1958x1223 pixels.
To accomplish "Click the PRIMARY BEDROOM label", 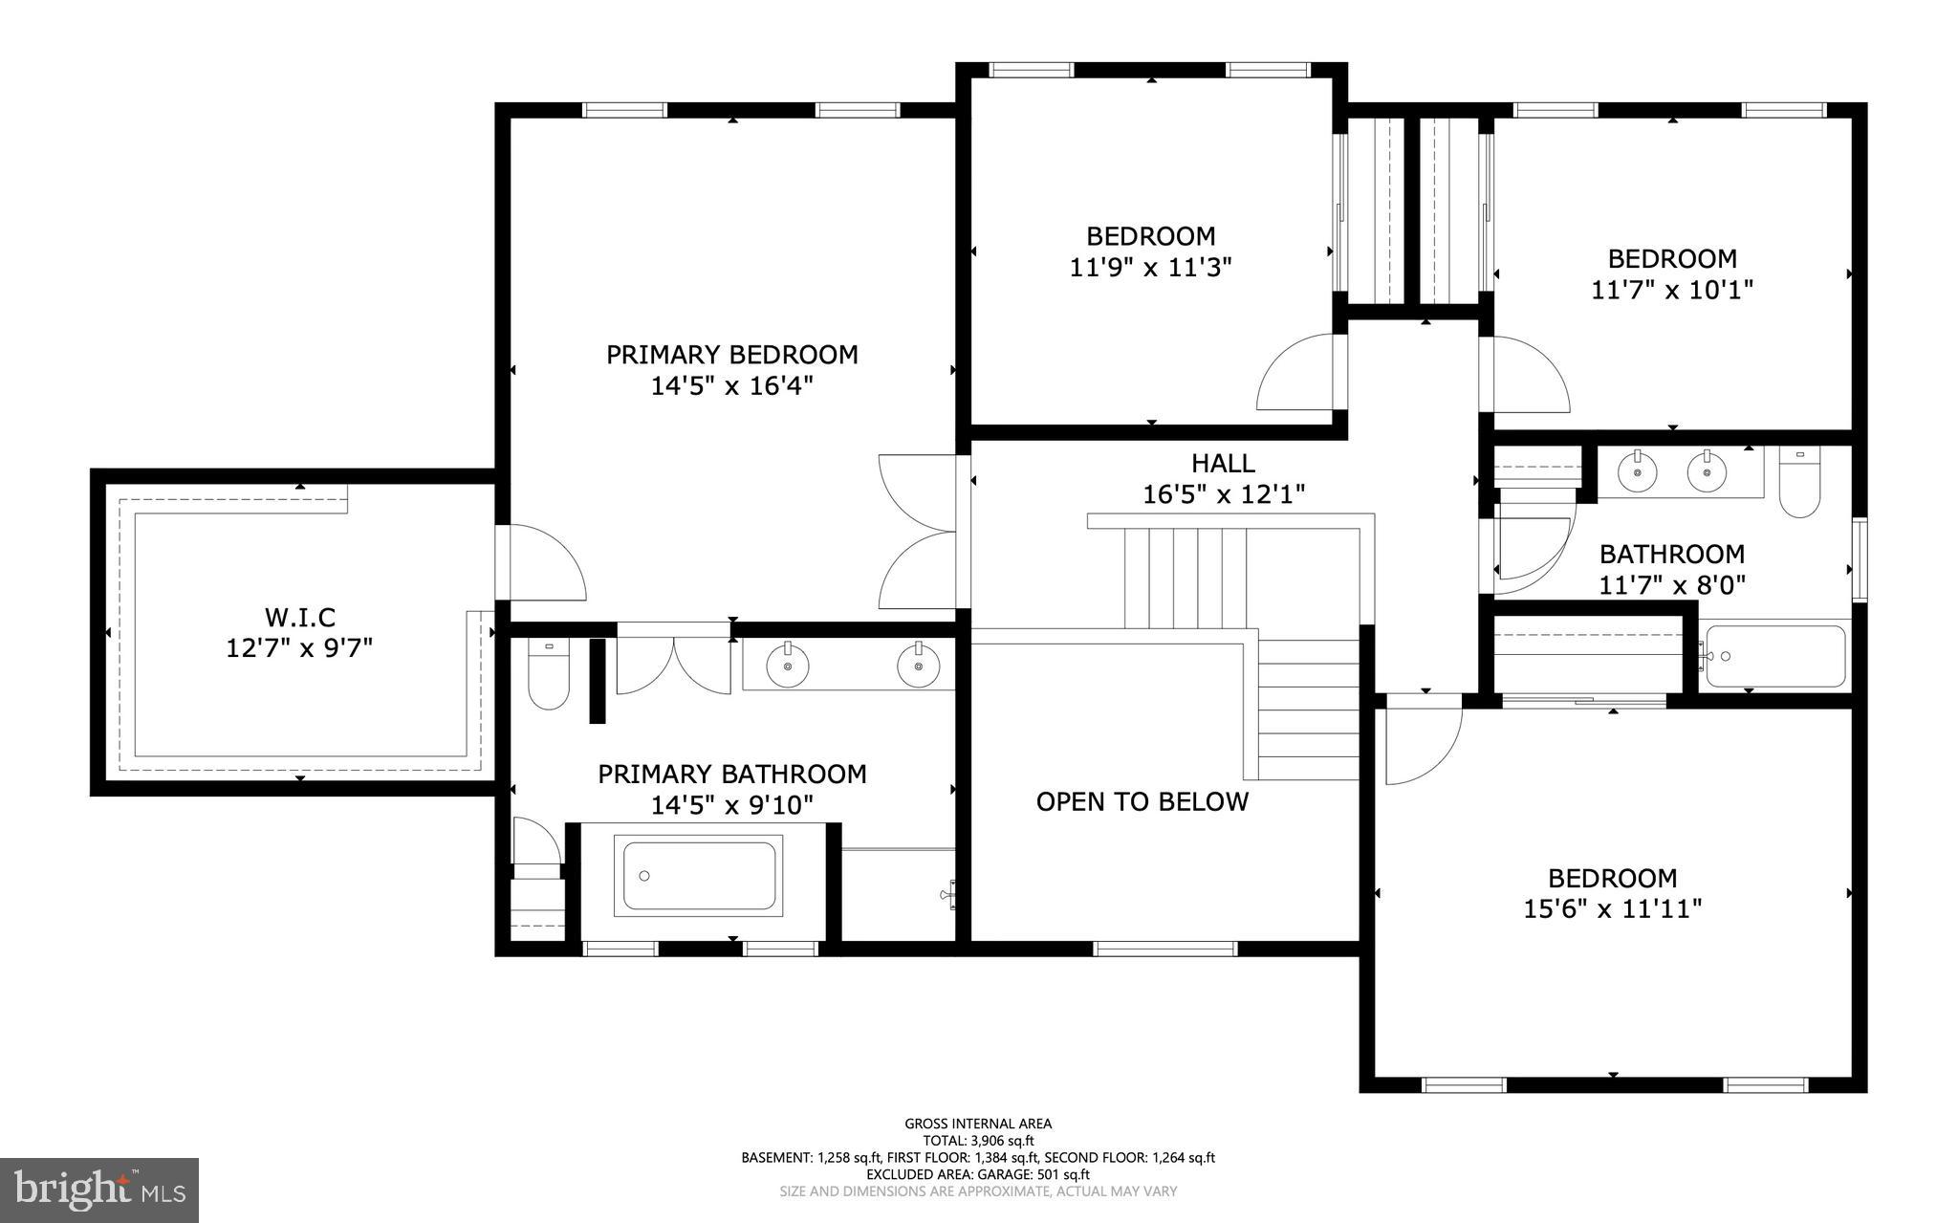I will (731, 355).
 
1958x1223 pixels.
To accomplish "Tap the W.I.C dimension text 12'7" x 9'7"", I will (298, 648).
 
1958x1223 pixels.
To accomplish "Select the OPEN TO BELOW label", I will (1142, 801).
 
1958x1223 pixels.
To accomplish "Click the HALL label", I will (1223, 464).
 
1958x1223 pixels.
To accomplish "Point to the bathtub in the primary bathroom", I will (699, 876).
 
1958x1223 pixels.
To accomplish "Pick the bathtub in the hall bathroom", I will (1775, 656).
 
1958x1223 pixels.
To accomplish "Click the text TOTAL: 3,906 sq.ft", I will (978, 1141).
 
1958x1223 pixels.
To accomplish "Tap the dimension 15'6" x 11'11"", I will (1612, 908).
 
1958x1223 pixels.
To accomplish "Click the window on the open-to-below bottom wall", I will (1164, 949).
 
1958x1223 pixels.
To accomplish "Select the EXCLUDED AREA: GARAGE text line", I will (978, 1174).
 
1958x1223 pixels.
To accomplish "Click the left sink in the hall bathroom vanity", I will (1638, 471).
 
